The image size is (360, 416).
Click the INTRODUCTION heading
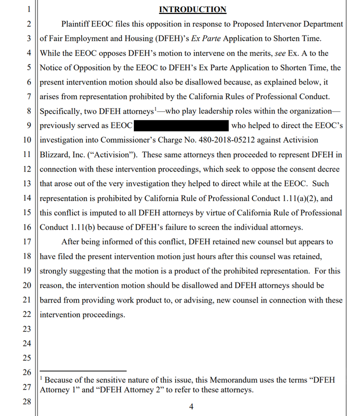(192, 9)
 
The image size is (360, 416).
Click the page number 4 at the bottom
(191, 407)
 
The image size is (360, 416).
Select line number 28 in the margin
(27, 402)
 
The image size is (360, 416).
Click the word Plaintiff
(77, 24)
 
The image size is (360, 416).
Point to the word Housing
(131, 38)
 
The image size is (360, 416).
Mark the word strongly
(56, 271)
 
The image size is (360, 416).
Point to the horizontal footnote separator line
(83, 371)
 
